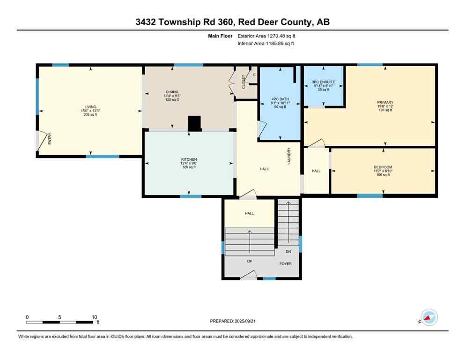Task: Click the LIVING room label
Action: click(91, 107)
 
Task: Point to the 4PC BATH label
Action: click(280, 98)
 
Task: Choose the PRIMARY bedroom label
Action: click(385, 102)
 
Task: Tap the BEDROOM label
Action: click(383, 167)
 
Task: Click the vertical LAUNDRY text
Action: click(289, 156)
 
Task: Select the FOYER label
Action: click(286, 263)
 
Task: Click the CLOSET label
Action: click(244, 82)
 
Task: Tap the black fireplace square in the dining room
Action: click(194, 123)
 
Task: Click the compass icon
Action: click(429, 318)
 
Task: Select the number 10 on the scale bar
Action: click(95, 317)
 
